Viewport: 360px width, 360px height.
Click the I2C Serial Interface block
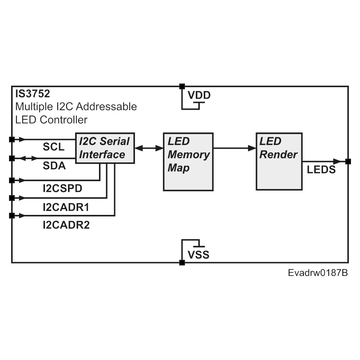point(104,148)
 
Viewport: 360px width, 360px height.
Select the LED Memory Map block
point(188,162)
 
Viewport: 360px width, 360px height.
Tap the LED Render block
point(279,161)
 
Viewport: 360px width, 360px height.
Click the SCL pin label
point(54,147)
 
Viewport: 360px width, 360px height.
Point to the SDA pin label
point(54,166)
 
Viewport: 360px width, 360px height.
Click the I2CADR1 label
point(66,207)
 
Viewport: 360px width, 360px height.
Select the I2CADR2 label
point(66,225)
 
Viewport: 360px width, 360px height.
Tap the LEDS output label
point(321,170)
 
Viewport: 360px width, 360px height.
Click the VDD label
point(199,96)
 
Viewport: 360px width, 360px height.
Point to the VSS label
point(198,255)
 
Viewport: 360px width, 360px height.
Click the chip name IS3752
point(32,94)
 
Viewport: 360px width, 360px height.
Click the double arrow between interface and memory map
point(149,148)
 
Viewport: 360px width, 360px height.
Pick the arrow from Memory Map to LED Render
point(234,148)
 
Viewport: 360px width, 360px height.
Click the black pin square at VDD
point(182,86)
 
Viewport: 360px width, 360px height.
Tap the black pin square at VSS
point(182,263)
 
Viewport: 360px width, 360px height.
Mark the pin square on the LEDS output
point(348,161)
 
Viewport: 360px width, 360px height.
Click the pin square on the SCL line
point(12,139)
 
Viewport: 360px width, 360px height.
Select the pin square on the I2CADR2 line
point(12,216)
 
